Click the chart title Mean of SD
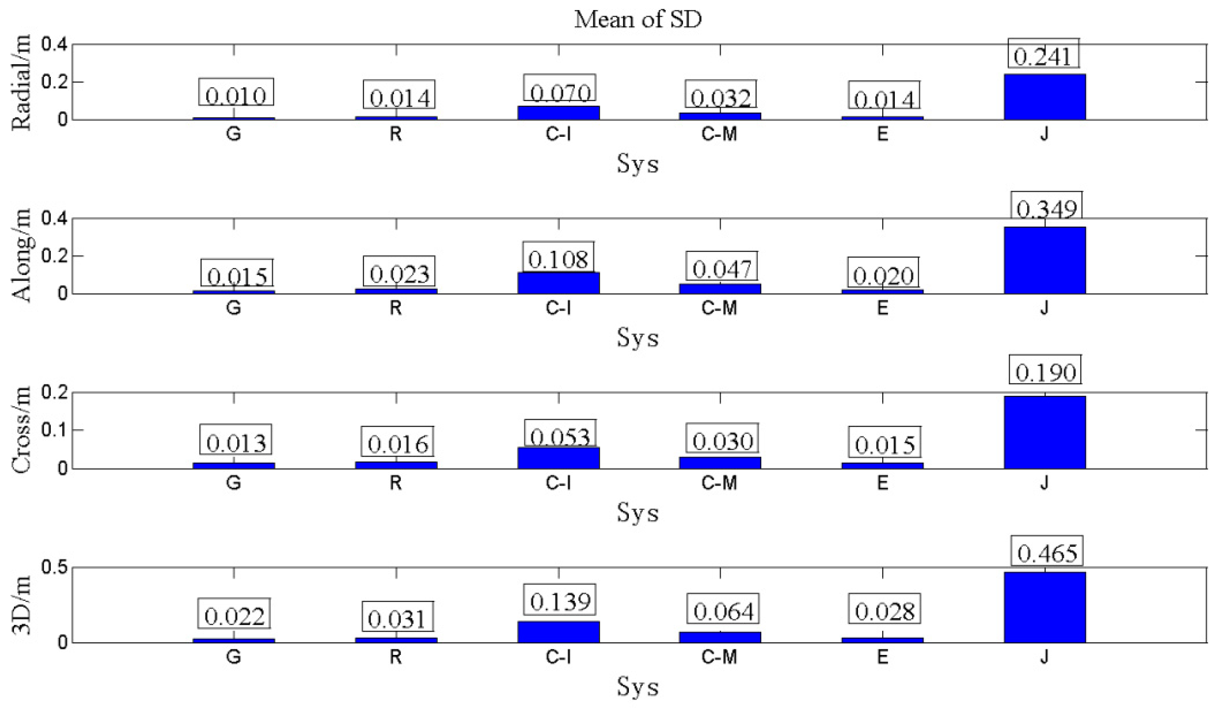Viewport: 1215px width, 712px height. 637,20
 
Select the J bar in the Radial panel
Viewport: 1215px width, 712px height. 1044,97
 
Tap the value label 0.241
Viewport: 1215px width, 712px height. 1042,56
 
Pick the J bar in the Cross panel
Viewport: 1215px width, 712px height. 1044,432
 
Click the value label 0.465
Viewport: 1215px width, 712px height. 1047,553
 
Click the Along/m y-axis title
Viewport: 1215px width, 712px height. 21,255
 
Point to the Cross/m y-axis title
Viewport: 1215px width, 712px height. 21,430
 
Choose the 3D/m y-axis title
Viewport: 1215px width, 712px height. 21,605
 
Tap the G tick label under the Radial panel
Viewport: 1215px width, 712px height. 233,134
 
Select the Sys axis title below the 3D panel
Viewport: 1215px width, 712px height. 637,687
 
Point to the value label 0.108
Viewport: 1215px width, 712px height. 558,260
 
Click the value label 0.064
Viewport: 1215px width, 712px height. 723,612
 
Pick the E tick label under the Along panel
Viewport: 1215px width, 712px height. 882,308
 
